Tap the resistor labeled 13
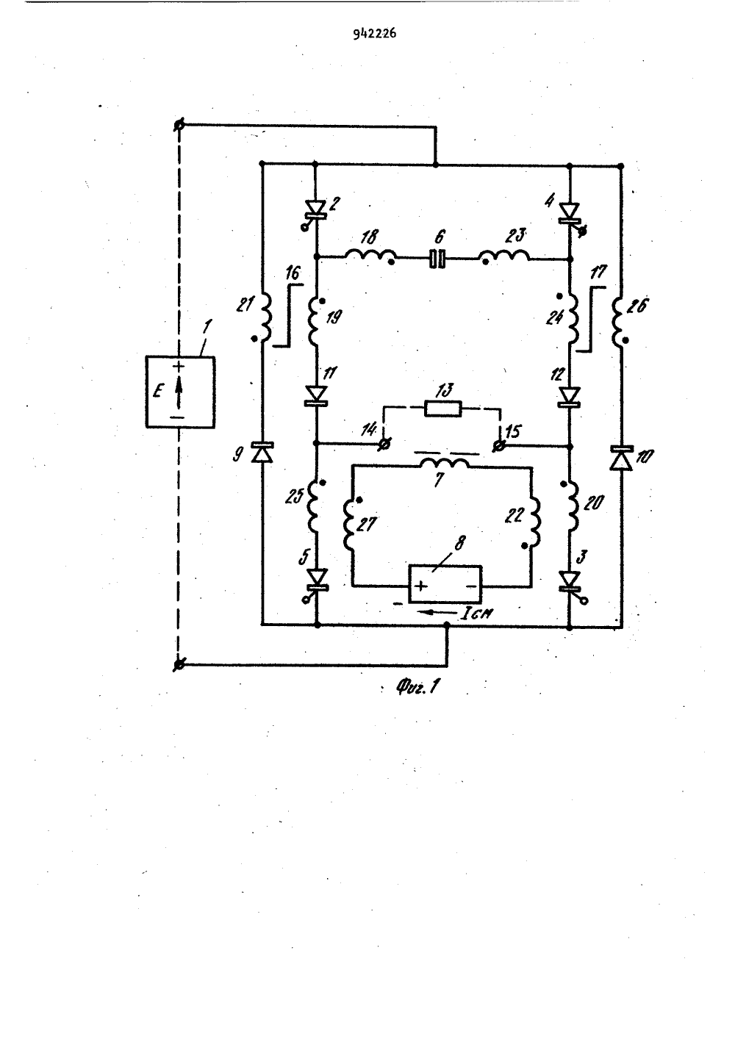pyautogui.click(x=442, y=409)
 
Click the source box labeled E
pyautogui.click(x=180, y=392)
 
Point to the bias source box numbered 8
pyautogui.click(x=445, y=584)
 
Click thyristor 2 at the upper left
pyautogui.click(x=317, y=211)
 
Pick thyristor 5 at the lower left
pyautogui.click(x=317, y=583)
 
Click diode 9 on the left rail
pyautogui.click(x=262, y=452)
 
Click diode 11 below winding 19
pyautogui.click(x=317, y=395)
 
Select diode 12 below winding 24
pyautogui.click(x=570, y=397)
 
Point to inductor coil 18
pyautogui.click(x=370, y=256)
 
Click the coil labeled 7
pyautogui.click(x=444, y=464)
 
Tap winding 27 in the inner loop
pyautogui.click(x=349, y=523)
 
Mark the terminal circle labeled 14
pyautogui.click(x=384, y=445)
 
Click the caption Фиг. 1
pyautogui.click(x=417, y=687)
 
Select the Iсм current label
pyautogui.click(x=476, y=614)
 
